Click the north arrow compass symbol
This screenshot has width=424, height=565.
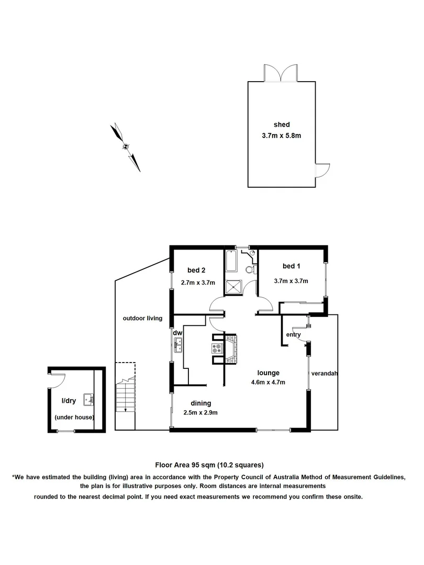pos(126,147)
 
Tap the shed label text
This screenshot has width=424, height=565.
pos(282,125)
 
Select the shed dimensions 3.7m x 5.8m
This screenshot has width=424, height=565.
pos(282,135)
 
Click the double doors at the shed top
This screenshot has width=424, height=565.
pos(282,74)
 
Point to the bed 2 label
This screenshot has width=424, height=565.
pos(196,270)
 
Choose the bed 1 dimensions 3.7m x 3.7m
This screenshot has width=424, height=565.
pos(291,281)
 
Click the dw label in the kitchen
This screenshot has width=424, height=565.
pos(177,333)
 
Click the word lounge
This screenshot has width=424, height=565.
pos(268,373)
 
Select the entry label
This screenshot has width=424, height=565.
pos(293,335)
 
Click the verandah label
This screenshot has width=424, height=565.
pos(323,374)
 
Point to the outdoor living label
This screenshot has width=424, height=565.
pos(142,318)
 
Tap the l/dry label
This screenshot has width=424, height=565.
pos(69,401)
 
